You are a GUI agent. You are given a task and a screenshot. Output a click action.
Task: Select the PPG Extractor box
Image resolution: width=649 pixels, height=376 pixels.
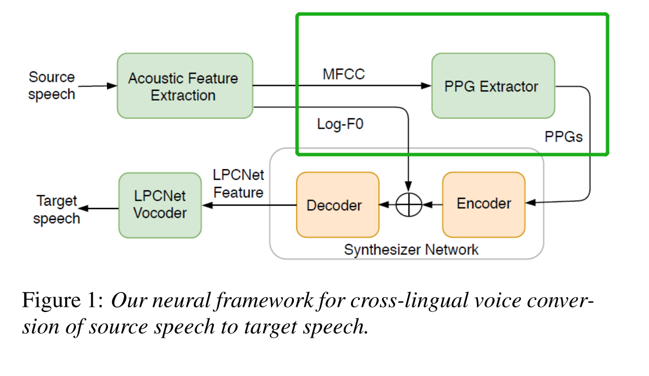pos(492,86)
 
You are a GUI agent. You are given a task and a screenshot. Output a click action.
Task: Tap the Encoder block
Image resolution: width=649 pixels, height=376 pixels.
pos(484,204)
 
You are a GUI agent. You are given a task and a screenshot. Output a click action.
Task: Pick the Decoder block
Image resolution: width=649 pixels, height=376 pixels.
pos(337,205)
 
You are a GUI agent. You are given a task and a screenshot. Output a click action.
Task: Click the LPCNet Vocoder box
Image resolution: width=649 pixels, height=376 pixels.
pos(160,205)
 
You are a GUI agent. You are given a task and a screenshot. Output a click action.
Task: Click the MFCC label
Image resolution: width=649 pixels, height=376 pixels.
pos(343,74)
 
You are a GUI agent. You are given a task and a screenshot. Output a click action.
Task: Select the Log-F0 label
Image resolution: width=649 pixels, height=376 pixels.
pos(340,124)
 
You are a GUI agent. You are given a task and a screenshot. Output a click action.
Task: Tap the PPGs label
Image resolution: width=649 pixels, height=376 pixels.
pos(563,137)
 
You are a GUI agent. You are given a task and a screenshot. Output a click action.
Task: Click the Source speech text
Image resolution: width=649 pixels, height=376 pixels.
pos(51,86)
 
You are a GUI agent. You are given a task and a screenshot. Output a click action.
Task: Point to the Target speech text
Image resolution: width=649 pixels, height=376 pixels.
pos(56,210)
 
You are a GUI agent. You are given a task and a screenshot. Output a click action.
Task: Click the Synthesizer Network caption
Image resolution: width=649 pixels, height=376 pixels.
pos(411,250)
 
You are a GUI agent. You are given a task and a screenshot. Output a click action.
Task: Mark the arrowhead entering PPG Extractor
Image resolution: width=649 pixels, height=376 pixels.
pos(426,86)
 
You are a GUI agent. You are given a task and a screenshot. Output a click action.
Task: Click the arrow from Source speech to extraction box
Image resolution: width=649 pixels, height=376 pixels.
pos(97,86)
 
